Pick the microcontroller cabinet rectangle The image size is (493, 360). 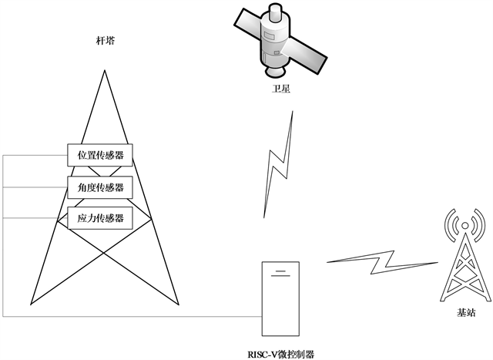281,301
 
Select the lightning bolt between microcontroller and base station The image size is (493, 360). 377,262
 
